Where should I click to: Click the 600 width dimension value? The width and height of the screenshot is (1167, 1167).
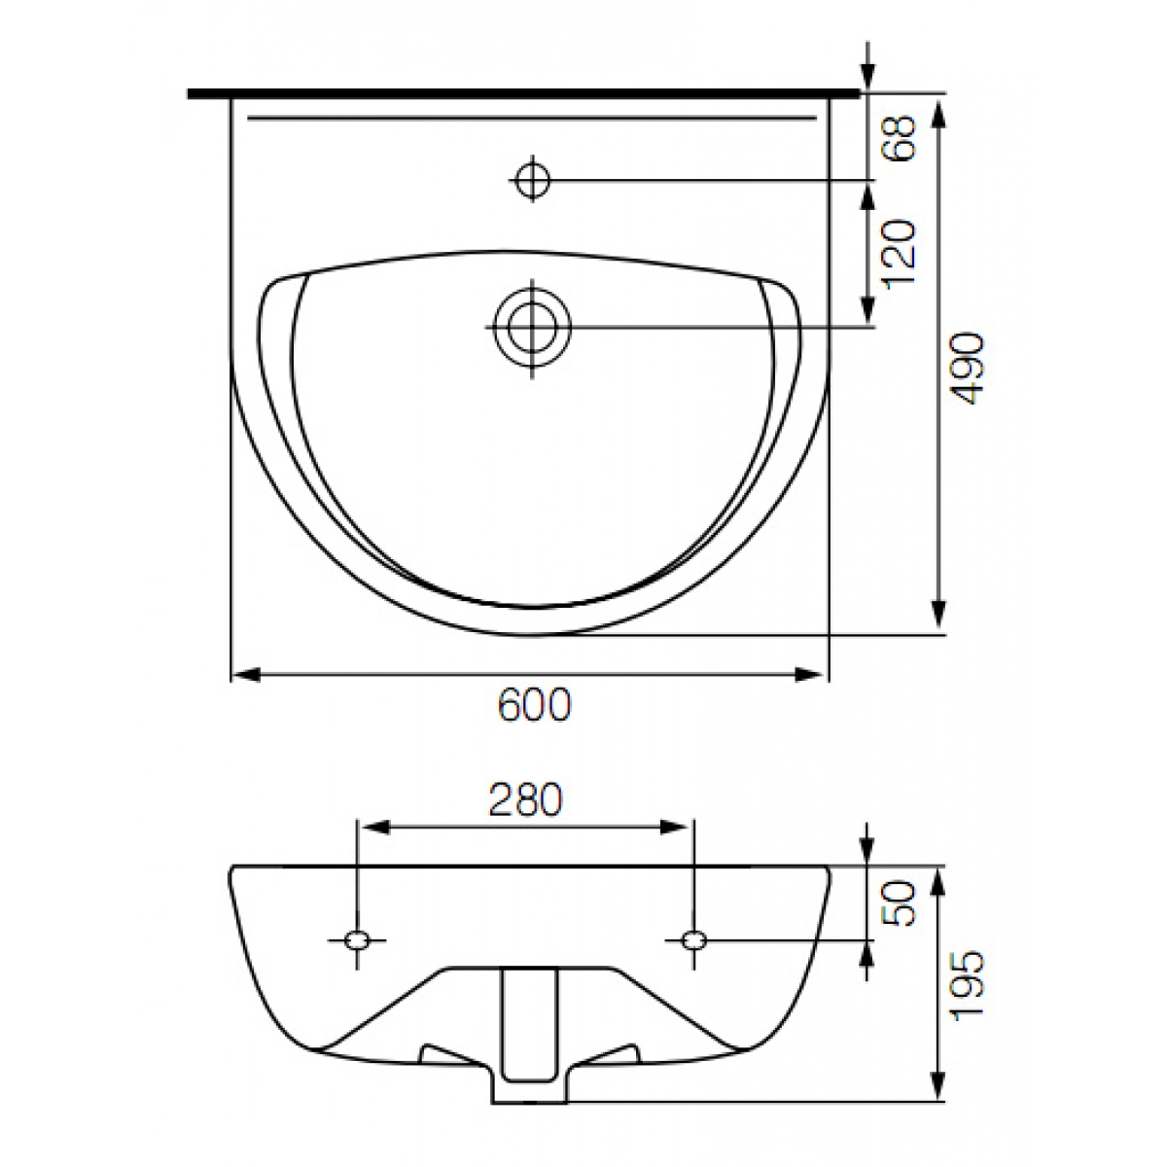point(534,704)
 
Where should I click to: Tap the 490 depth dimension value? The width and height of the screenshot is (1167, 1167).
point(967,369)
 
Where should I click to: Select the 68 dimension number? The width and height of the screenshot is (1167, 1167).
point(899,138)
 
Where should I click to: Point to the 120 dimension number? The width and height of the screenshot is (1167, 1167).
point(899,254)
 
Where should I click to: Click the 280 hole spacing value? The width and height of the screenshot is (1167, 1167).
point(526,799)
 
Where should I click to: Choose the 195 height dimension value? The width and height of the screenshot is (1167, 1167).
point(967,986)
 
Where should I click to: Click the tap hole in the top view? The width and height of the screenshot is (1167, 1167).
point(532,180)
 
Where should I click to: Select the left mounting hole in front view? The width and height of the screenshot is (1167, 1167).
point(357,939)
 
